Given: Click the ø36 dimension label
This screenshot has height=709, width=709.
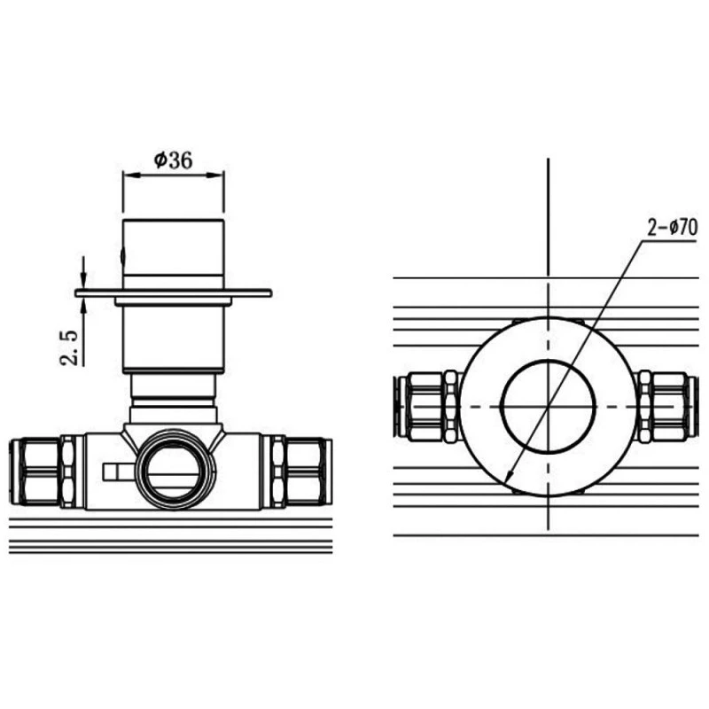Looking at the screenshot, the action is (x=173, y=160).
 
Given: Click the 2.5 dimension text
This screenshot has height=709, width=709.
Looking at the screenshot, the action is (x=69, y=347).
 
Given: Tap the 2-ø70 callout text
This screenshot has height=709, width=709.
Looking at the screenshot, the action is (x=673, y=228).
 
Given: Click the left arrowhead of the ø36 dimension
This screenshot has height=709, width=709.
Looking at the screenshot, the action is (x=131, y=175).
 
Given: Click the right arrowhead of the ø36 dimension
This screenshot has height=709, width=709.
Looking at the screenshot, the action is (x=215, y=175).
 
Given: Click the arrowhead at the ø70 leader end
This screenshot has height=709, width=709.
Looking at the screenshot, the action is (x=509, y=476).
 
